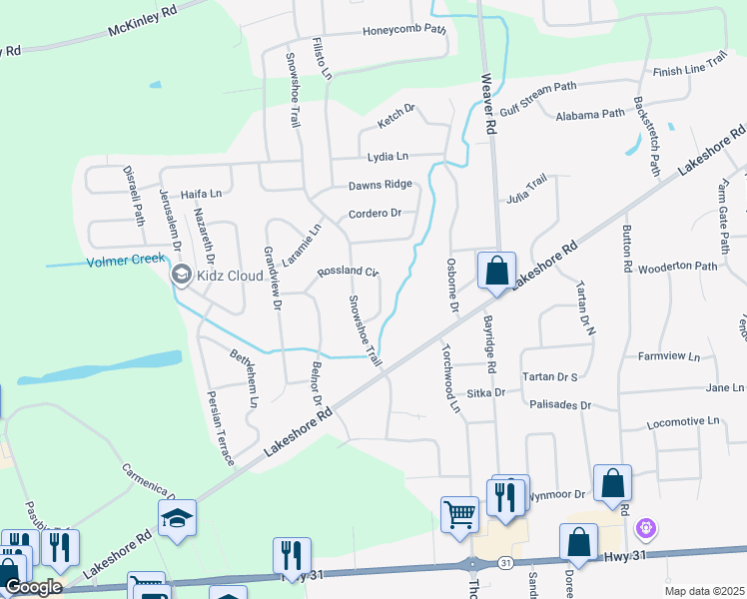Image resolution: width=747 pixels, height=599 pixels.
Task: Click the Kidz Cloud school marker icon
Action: point(181,275)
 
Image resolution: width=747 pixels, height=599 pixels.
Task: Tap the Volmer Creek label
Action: point(125,262)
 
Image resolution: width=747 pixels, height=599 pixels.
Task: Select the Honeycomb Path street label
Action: point(403,30)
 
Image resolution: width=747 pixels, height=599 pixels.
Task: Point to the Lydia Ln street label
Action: point(387,157)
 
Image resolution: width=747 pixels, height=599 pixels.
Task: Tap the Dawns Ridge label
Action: point(379,185)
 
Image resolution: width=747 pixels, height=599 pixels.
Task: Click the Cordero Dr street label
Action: point(374,214)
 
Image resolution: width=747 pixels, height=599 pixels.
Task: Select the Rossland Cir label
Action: point(348,272)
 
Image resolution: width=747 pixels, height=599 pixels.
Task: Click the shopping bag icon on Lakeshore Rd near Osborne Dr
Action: point(495,271)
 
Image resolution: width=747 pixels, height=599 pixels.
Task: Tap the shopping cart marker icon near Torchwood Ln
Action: point(459,515)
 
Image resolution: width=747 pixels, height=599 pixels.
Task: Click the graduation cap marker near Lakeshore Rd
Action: point(177,518)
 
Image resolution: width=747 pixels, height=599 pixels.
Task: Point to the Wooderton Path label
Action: point(678,267)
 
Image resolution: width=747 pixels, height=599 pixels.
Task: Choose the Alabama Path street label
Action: point(589,115)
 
